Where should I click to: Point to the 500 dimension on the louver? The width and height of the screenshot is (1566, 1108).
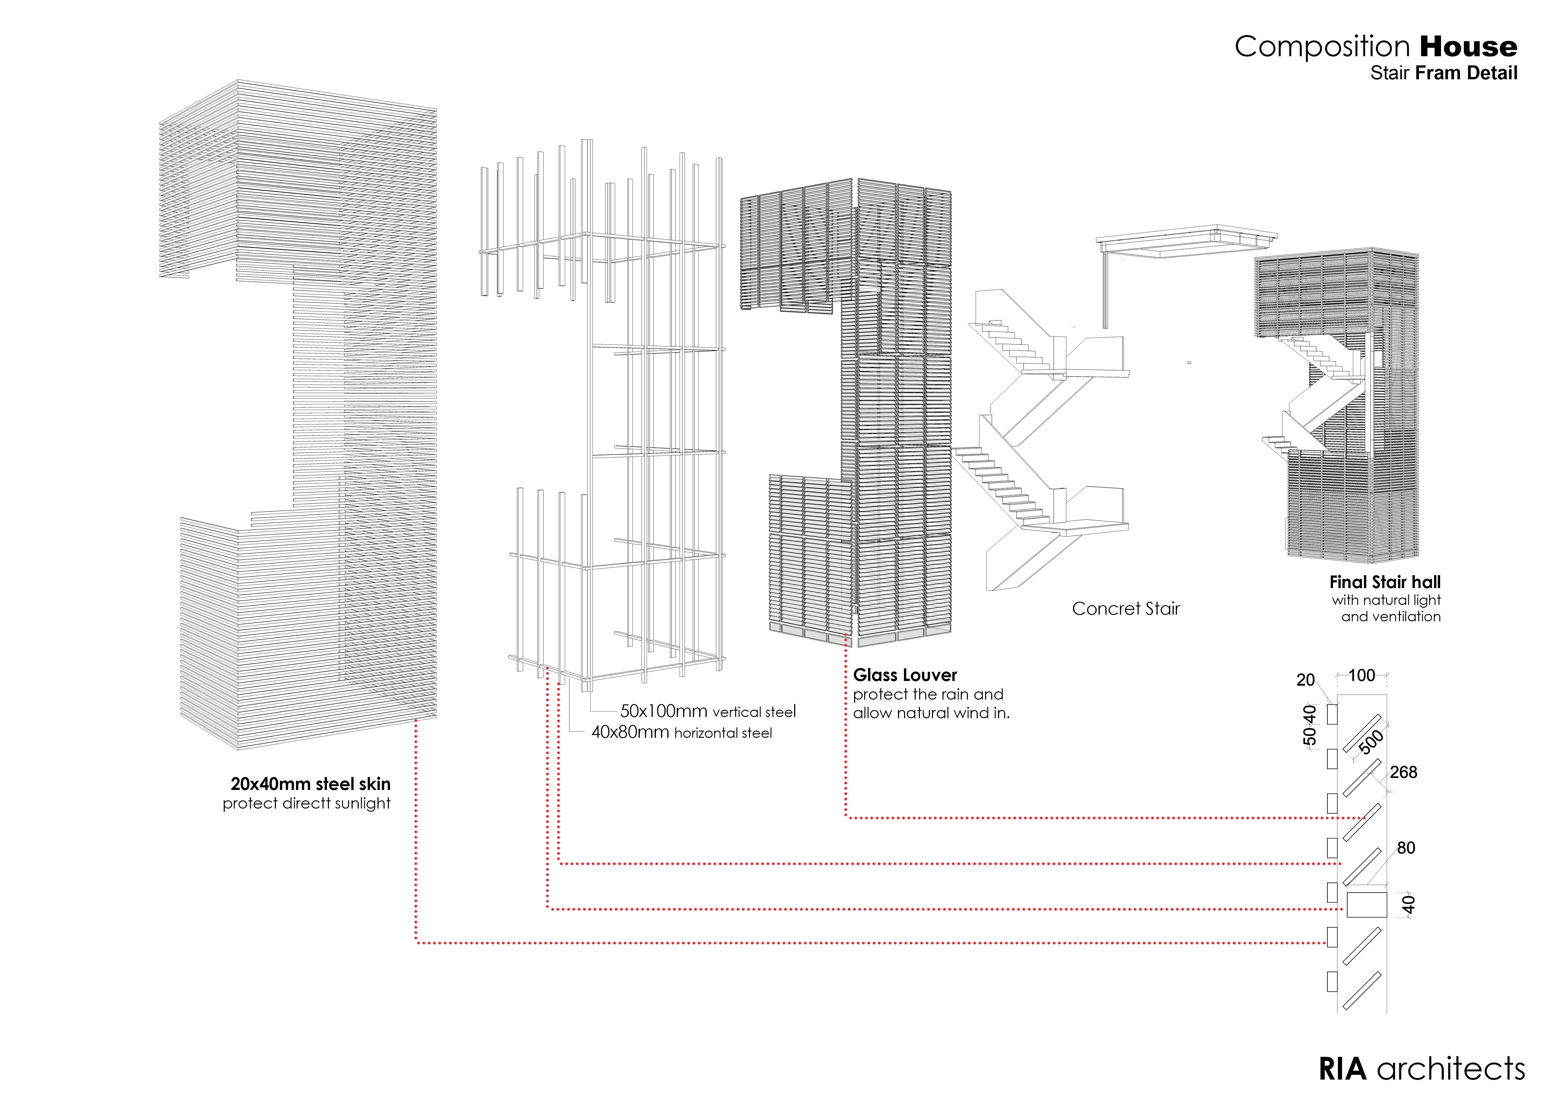(x=1371, y=742)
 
